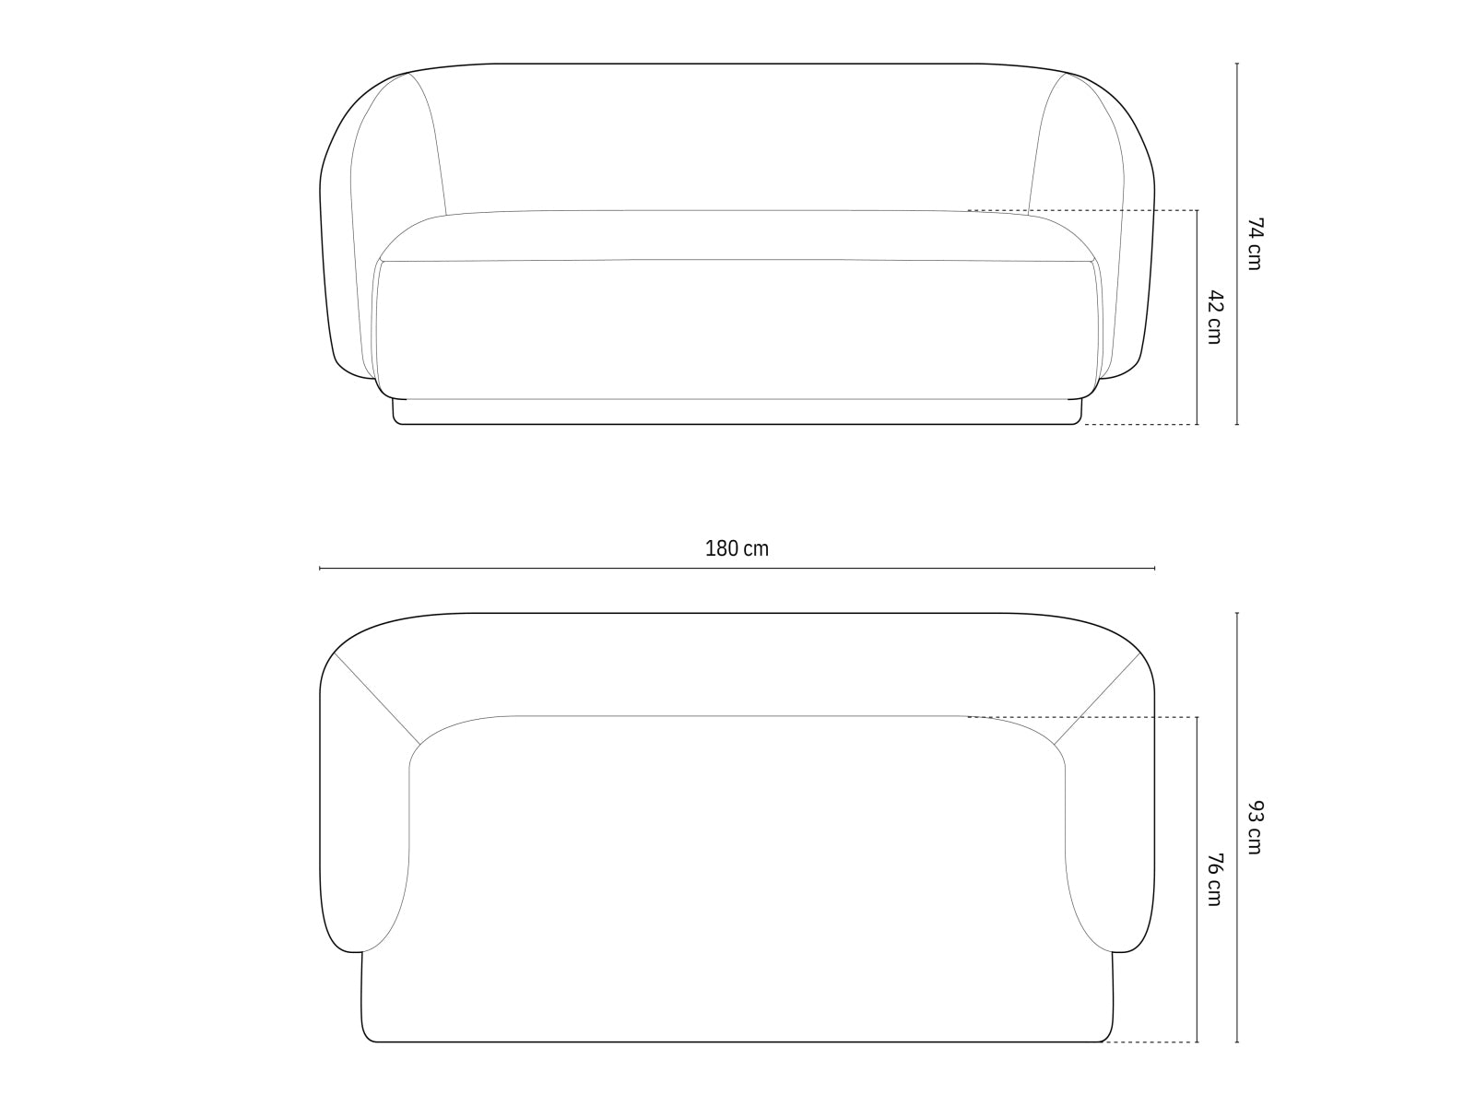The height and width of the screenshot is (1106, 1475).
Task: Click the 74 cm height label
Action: click(x=1254, y=243)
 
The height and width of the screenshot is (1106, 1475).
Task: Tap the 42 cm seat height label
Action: click(x=1214, y=317)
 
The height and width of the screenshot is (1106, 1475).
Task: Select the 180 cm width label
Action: click(x=737, y=549)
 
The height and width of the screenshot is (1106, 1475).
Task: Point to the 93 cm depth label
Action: click(x=1254, y=828)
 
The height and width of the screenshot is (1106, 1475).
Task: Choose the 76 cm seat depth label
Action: click(x=1214, y=879)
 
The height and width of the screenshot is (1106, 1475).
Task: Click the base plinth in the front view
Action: click(x=737, y=412)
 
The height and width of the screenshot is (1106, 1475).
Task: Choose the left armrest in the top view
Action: click(x=364, y=829)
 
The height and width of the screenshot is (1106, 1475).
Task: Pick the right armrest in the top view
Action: click(x=1110, y=829)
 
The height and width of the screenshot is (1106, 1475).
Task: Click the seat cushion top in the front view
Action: click(x=737, y=236)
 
